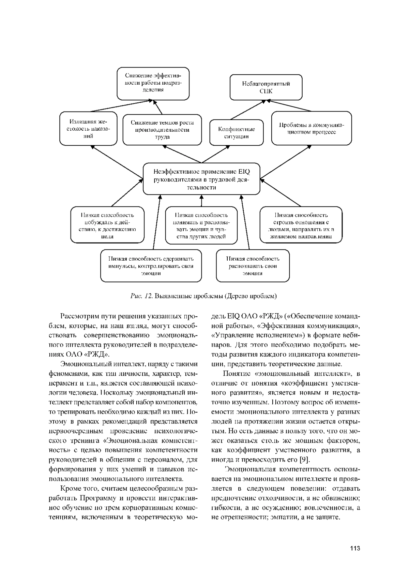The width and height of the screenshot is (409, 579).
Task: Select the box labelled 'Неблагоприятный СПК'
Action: pos(266,87)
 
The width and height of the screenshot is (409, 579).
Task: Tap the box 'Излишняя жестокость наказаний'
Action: pos(88,128)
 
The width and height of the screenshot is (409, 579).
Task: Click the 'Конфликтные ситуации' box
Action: pos(237,132)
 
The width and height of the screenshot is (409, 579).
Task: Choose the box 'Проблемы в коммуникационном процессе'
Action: pos(312,128)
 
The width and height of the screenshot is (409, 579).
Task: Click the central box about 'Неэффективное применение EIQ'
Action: pos(201,179)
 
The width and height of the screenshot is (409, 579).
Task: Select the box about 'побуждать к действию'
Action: pos(107,226)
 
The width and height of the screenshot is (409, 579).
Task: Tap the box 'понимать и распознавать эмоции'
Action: pos(201,226)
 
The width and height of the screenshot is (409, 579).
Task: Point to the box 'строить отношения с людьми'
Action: pos(301,226)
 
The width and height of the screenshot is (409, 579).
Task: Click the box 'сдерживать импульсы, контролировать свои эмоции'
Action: pos(151,266)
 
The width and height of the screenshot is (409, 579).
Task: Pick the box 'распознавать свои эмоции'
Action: pos(253,266)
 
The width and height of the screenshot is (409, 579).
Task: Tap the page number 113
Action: pos(354,548)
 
